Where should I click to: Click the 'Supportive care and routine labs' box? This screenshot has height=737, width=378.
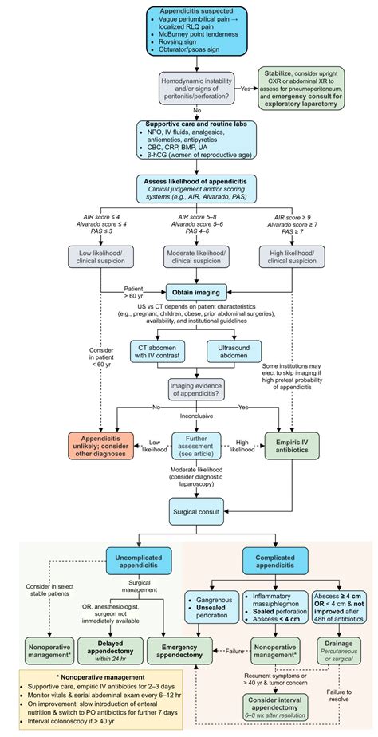[x=188, y=144]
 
